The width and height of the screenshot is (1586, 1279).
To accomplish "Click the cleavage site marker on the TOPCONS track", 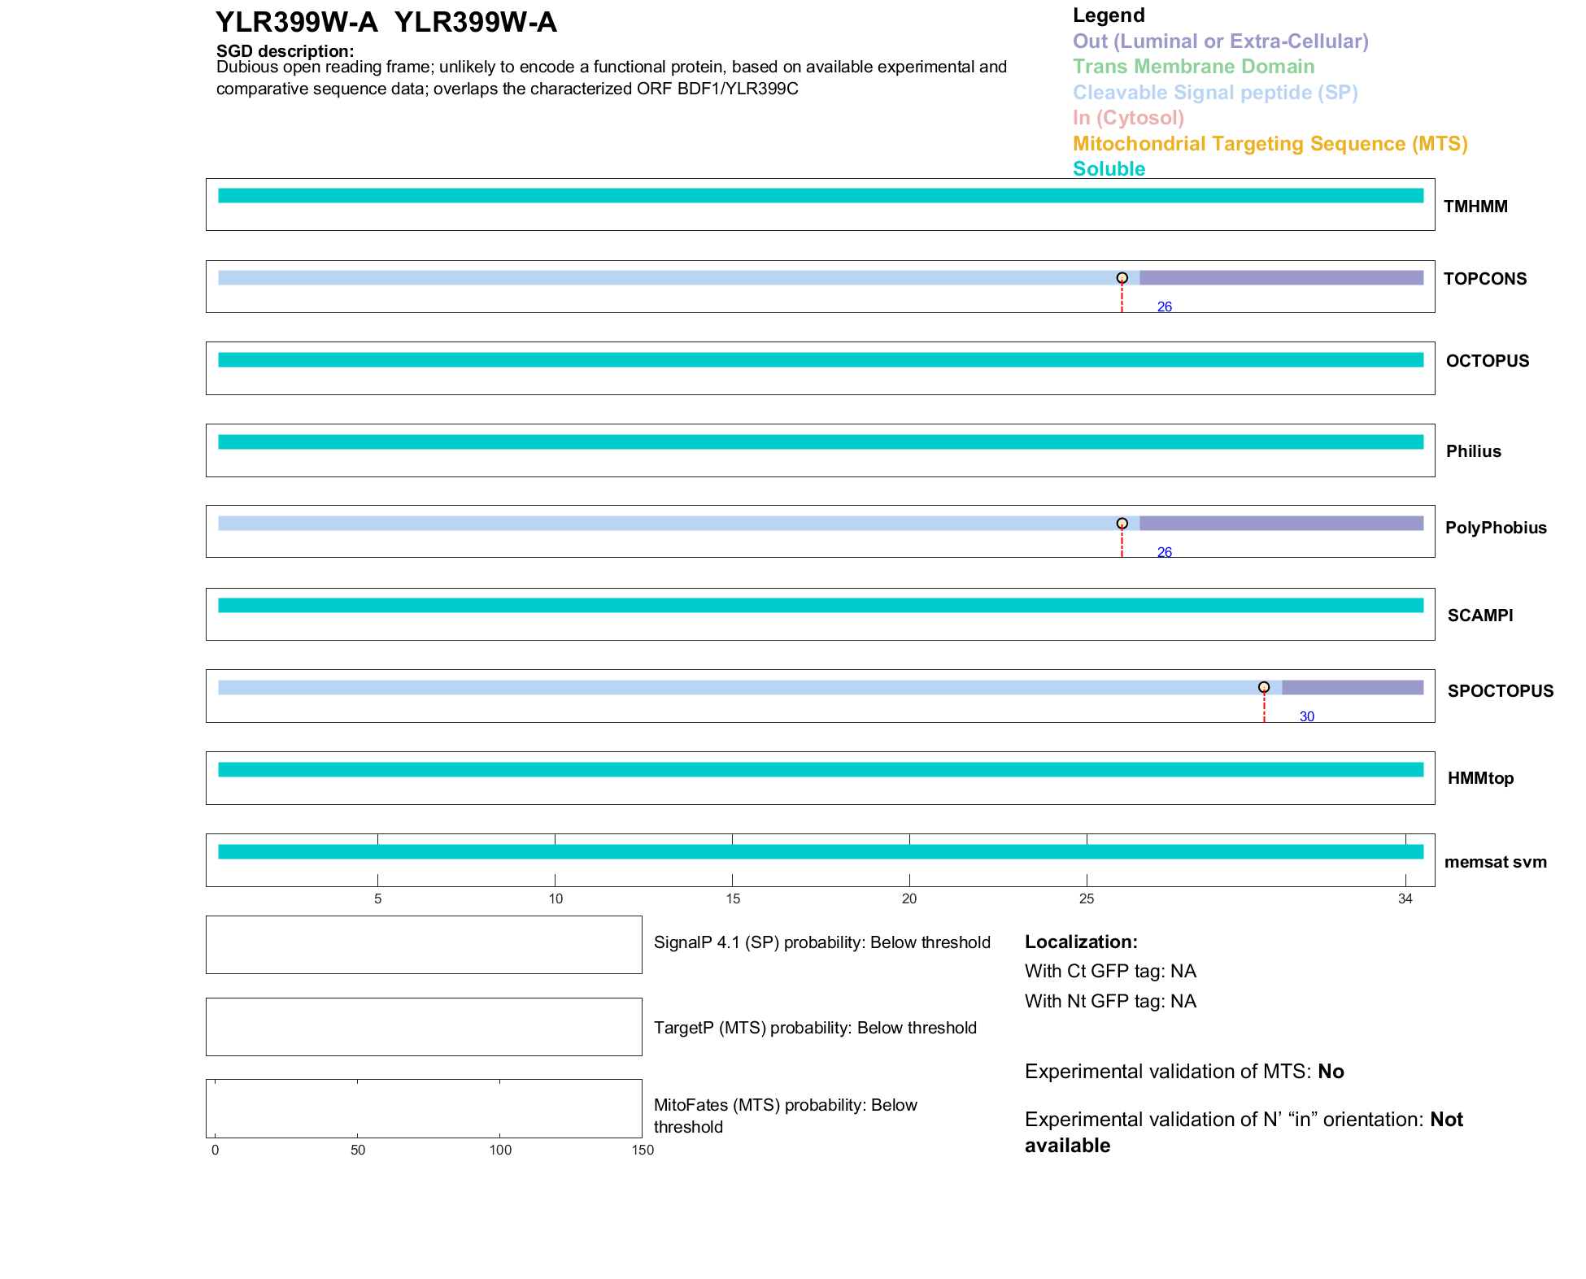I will point(1122,278).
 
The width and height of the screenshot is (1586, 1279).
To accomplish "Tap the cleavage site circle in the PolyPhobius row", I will point(1122,524).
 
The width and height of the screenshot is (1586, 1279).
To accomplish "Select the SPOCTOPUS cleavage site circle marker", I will point(1263,687).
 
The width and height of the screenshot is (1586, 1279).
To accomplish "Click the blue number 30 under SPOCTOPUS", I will point(1306,716).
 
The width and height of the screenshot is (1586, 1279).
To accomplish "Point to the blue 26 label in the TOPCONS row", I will point(1164,307).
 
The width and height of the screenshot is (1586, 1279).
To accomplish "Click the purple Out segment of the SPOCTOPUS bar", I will point(1352,687).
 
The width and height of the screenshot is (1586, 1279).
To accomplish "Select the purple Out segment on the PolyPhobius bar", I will point(1281,524).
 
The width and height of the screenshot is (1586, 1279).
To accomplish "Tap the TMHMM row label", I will point(1475,207).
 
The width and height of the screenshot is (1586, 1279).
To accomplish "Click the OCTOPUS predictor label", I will point(1487,361).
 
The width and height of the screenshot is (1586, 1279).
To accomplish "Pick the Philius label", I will point(1473,451).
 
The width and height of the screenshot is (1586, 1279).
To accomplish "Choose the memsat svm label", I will point(1495,862).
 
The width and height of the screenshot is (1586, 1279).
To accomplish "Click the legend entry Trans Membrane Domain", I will point(1193,67).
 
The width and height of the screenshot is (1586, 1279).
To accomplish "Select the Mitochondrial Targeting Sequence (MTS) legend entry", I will point(1270,144).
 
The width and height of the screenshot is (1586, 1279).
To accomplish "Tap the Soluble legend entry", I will point(1109,169).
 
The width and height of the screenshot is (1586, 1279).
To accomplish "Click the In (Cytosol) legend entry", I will point(1128,118).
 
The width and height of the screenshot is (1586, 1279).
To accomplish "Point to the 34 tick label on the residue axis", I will point(1405,898).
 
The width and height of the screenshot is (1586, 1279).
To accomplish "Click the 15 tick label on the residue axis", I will point(732,898).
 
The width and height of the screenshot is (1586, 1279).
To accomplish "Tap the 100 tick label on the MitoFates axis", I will point(499,1150).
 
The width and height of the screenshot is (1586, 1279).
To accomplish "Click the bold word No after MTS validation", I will point(1331,1072).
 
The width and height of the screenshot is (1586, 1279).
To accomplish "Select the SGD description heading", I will point(285,51).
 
